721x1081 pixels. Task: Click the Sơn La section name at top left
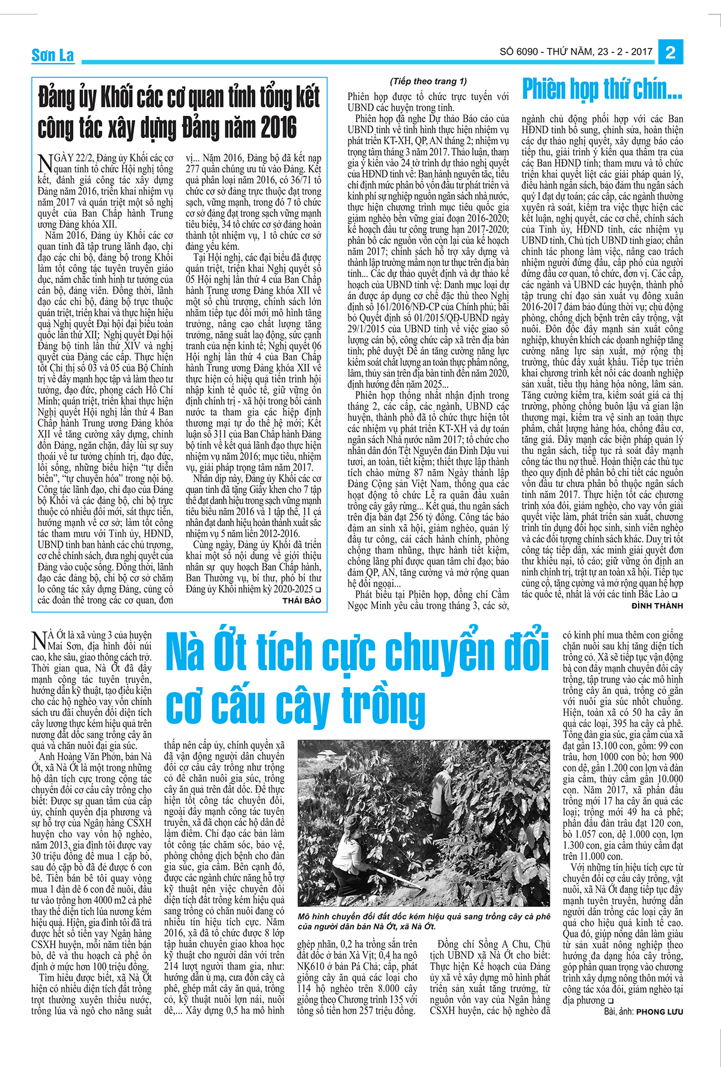[53, 55]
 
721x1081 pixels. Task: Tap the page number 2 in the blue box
[671, 52]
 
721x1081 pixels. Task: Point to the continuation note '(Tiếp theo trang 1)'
[428, 81]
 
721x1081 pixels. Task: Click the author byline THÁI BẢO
[302, 600]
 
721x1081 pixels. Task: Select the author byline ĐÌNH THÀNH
[657, 606]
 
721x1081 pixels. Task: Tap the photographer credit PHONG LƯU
[660, 1012]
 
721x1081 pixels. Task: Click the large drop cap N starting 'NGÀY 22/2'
[44, 163]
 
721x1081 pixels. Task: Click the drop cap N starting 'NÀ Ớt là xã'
[38, 640]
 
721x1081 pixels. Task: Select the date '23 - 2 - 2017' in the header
[625, 52]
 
